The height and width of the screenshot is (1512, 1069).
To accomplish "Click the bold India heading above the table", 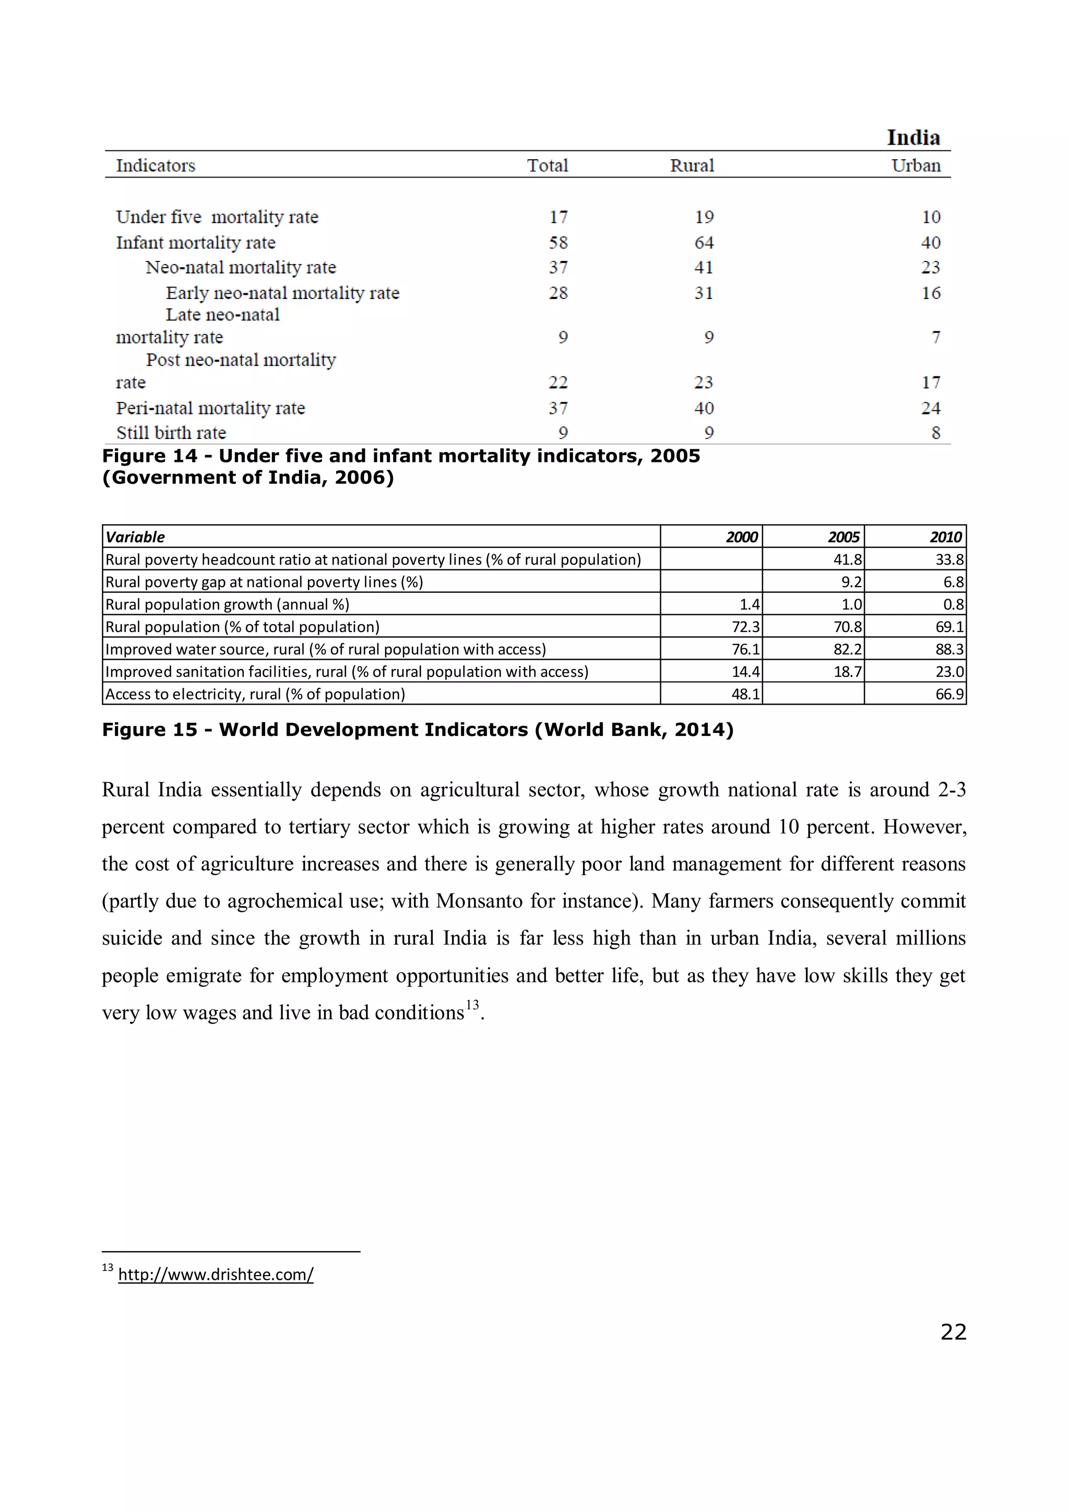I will pyautogui.click(x=913, y=138).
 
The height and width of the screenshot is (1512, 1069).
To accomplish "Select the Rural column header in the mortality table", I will pyautogui.click(x=692, y=165).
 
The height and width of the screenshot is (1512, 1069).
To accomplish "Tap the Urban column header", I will pyautogui.click(x=916, y=165).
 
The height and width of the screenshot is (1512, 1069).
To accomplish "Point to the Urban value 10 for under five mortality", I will pyautogui.click(x=931, y=217).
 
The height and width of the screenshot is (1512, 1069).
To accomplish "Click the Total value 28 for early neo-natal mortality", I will pyautogui.click(x=558, y=292).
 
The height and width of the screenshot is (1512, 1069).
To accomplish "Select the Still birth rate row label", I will pyautogui.click(x=171, y=433).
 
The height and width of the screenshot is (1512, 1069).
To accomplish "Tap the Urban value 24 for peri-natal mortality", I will pyautogui.click(x=930, y=408).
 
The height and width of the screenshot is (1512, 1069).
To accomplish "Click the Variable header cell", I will pyautogui.click(x=136, y=537).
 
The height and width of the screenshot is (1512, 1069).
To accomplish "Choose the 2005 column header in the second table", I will pyautogui.click(x=843, y=537).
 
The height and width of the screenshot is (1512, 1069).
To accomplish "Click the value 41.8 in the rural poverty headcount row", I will pyautogui.click(x=847, y=559).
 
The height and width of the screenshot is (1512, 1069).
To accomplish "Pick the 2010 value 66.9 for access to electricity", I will pyautogui.click(x=949, y=694).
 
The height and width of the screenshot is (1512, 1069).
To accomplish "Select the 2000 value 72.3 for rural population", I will pyautogui.click(x=745, y=626).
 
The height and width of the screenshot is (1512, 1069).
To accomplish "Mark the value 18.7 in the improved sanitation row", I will pyautogui.click(x=847, y=671).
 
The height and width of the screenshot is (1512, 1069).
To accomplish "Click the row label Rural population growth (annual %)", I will pyautogui.click(x=227, y=604).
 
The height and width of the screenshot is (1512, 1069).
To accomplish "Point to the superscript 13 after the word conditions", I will pyautogui.click(x=472, y=1005).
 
